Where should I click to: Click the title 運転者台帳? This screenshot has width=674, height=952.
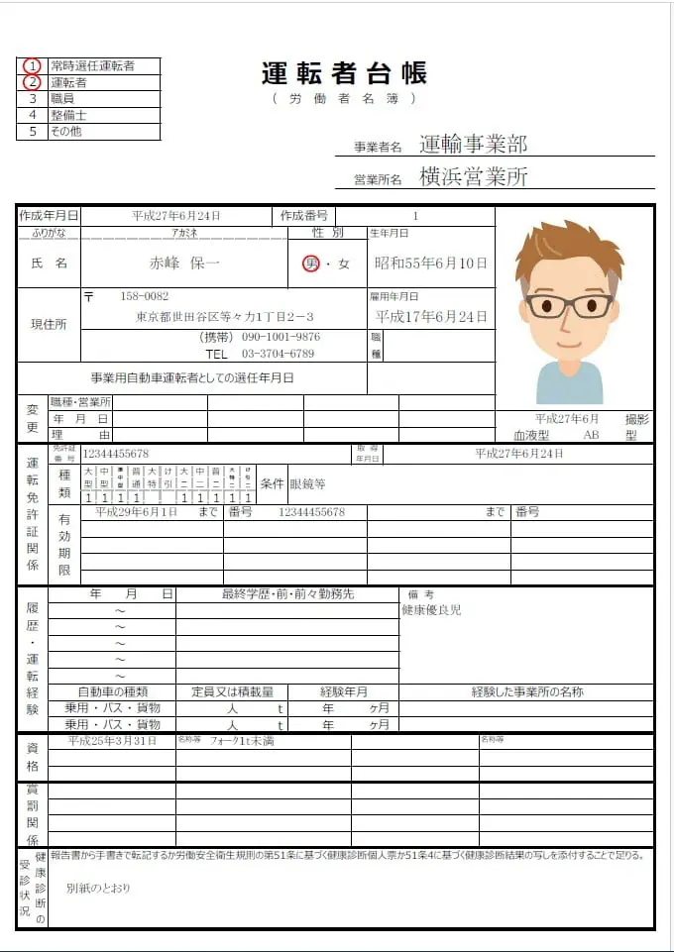click(x=344, y=73)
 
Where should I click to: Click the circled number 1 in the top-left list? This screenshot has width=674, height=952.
click(x=33, y=65)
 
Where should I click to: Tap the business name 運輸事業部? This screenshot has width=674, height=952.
click(x=473, y=145)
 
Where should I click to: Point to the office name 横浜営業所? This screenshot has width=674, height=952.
click(x=473, y=177)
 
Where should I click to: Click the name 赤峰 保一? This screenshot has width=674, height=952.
click(x=184, y=264)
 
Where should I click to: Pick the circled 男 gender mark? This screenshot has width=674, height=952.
click(x=311, y=264)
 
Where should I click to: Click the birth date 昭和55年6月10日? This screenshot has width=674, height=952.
click(x=430, y=264)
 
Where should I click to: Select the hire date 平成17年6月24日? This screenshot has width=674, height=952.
click(x=430, y=317)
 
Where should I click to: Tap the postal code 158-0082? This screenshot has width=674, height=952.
click(x=144, y=296)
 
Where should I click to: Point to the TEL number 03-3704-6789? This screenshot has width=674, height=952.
click(x=278, y=354)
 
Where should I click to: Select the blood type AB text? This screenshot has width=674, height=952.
click(x=592, y=435)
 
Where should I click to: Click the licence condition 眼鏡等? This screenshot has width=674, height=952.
click(x=307, y=484)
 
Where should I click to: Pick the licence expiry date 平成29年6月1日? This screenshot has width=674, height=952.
click(x=136, y=512)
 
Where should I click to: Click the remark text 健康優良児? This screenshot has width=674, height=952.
click(x=431, y=610)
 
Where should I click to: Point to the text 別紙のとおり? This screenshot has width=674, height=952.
click(x=98, y=888)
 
